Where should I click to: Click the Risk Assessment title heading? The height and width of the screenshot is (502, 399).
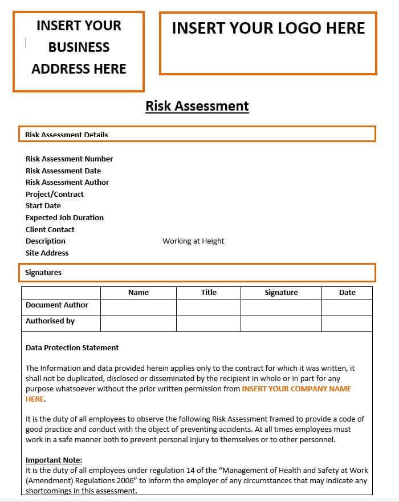tap(197, 106)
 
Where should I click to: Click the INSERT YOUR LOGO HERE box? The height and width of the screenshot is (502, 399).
tap(268, 43)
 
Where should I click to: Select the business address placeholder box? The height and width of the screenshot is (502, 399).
tap(79, 51)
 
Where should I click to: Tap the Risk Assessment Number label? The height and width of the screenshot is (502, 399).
tap(69, 159)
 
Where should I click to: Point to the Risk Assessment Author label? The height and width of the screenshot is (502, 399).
tap(67, 182)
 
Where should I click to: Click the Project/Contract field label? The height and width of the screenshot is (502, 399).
tap(55, 194)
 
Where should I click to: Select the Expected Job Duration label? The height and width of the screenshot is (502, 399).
tap(64, 217)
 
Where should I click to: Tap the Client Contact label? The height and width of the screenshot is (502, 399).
tap(50, 229)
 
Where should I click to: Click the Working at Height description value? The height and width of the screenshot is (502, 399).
tap(193, 241)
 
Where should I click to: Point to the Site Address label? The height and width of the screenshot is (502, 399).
tap(47, 253)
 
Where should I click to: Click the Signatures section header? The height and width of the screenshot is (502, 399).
tap(43, 273)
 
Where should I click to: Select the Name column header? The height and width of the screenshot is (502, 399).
tap(139, 293)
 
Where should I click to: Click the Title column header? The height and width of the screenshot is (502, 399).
tap(209, 292)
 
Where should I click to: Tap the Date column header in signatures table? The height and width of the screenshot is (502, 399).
tap(347, 293)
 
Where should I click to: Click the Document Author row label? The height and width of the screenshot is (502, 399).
tap(57, 305)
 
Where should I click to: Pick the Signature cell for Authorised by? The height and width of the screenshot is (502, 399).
tap(281, 323)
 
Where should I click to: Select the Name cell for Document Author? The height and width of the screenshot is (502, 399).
tap(139, 307)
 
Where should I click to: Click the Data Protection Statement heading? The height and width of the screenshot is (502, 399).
tap(72, 347)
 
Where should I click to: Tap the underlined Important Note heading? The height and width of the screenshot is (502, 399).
tap(54, 460)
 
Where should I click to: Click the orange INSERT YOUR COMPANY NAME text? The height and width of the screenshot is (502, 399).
tap(296, 388)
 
